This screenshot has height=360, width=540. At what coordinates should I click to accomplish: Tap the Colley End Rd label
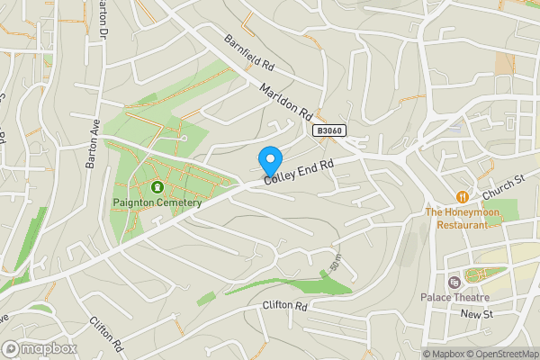pyautogui.click(x=298, y=172)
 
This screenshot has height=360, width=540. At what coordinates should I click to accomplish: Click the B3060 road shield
pyautogui.click(x=329, y=131)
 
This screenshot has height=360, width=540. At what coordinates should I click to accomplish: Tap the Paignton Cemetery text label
pyautogui.click(x=157, y=202)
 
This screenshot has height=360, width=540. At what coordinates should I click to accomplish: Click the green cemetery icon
pyautogui.click(x=157, y=187)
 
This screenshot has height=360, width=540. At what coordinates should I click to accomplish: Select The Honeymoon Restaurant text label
pyautogui.click(x=462, y=219)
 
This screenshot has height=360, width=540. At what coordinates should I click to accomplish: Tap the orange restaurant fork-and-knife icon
pyautogui.click(x=462, y=196)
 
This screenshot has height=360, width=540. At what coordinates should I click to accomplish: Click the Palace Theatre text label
pyautogui.click(x=454, y=298)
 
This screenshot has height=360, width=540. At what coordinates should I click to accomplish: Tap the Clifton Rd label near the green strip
pyautogui.click(x=285, y=306)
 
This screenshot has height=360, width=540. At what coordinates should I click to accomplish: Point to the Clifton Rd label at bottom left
pyautogui.click(x=105, y=333)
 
